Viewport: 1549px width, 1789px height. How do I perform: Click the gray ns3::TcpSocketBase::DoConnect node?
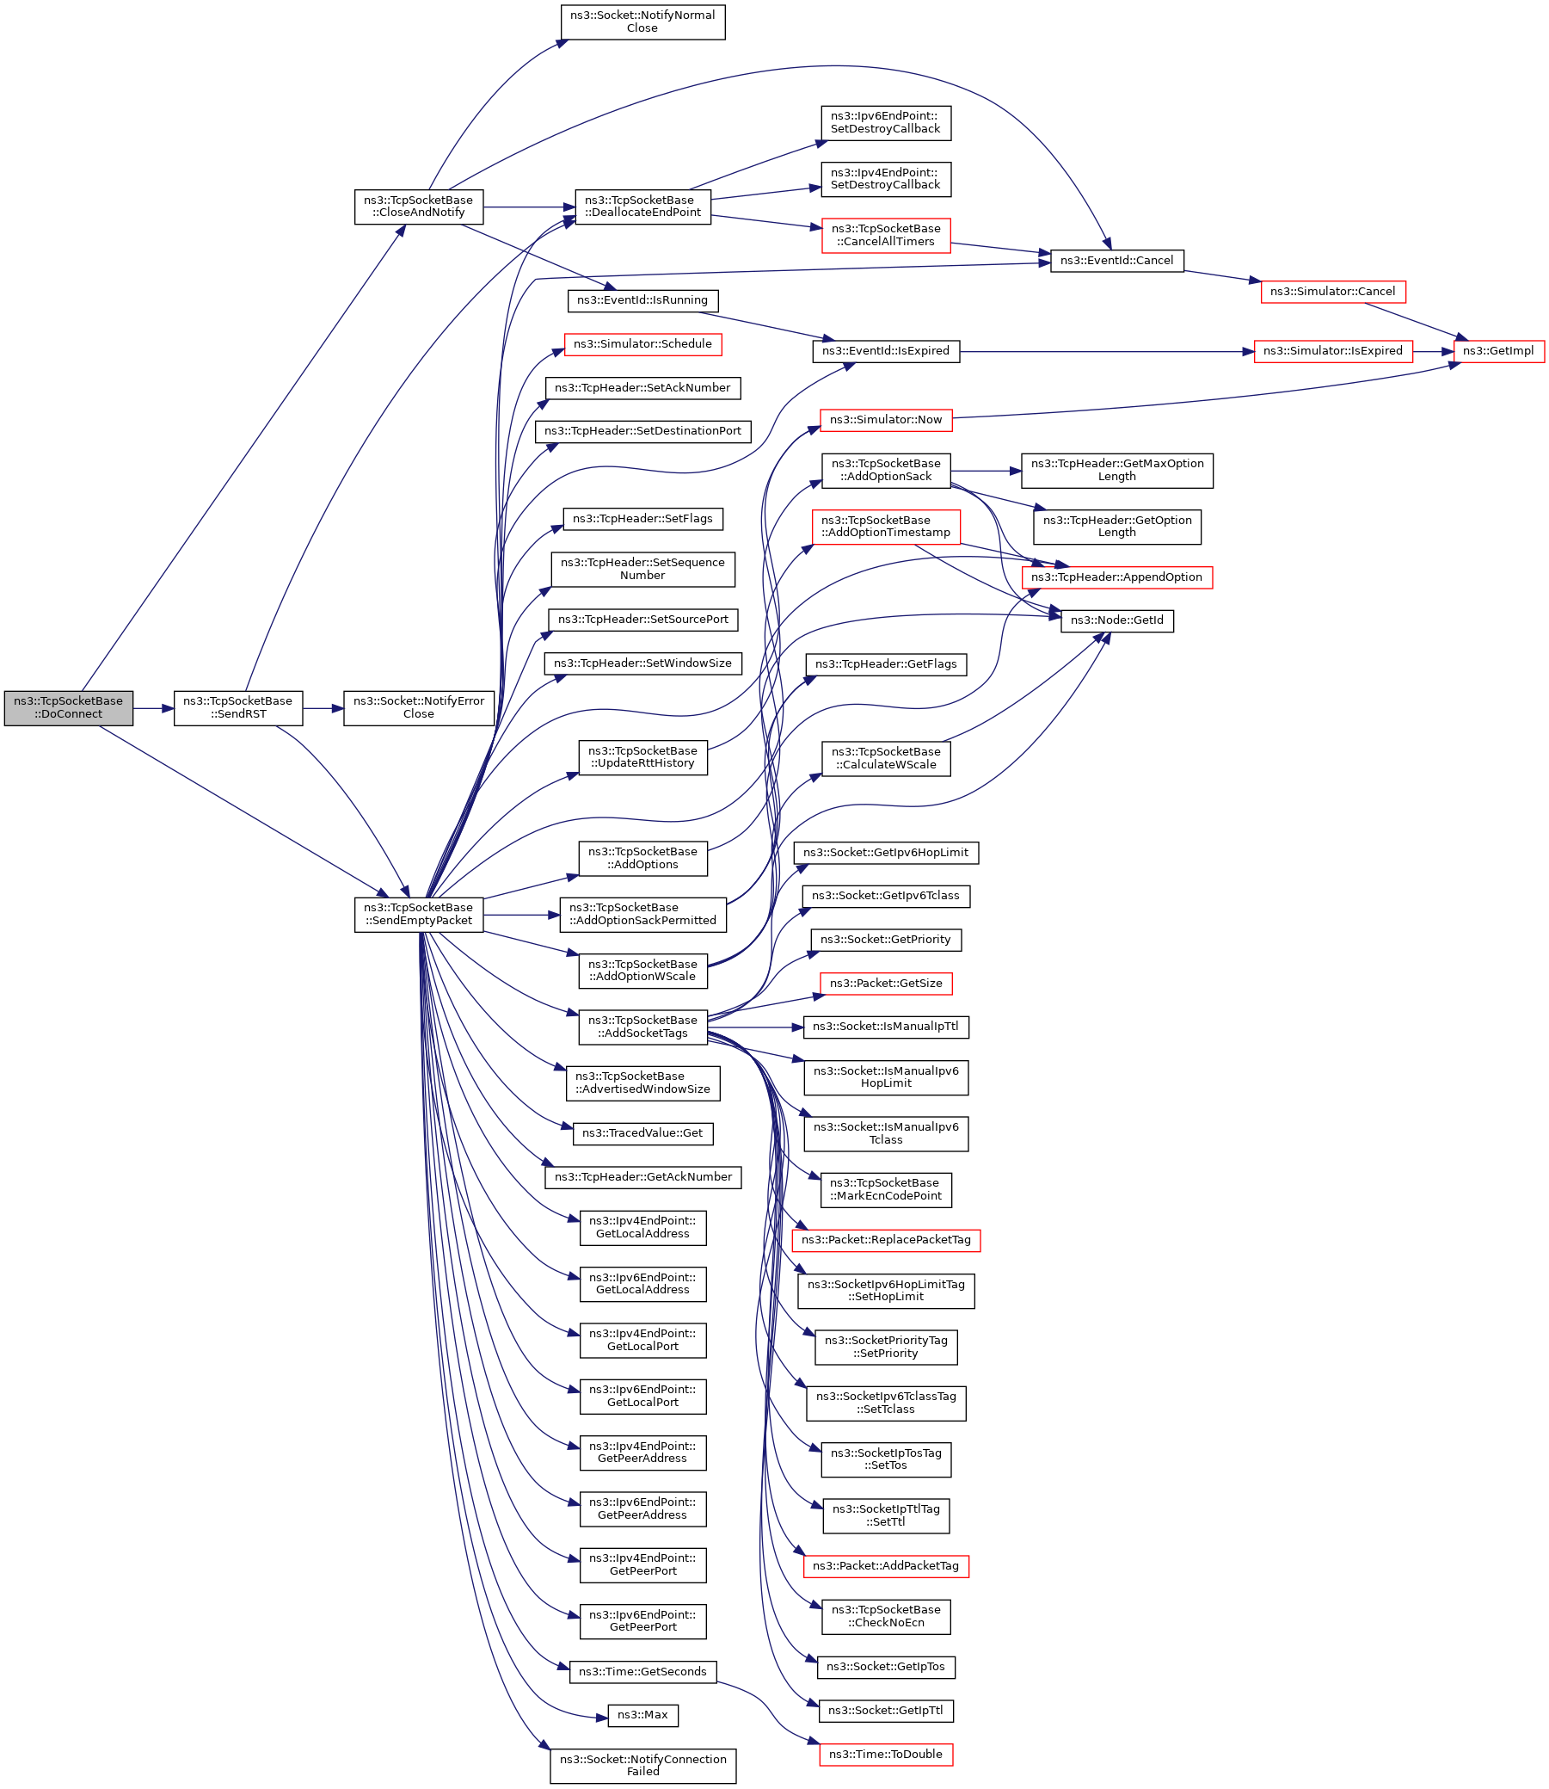pos(68,708)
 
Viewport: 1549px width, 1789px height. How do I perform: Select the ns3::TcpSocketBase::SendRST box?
pos(237,708)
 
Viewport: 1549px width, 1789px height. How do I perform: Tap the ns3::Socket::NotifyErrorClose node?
pos(418,708)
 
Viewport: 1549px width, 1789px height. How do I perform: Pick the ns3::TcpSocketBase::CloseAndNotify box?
pos(418,207)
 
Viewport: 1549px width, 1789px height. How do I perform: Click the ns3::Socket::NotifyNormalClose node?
pos(642,22)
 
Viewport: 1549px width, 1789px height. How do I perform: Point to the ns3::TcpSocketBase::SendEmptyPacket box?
pos(418,915)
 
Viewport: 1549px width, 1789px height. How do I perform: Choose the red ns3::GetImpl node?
pos(1498,351)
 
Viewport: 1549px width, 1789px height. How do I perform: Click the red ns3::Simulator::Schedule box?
pos(642,344)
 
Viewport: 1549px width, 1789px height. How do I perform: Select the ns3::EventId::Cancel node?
pos(1116,261)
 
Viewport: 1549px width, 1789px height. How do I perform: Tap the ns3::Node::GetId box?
pos(1116,620)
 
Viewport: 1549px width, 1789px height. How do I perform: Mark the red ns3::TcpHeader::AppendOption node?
pos(1116,577)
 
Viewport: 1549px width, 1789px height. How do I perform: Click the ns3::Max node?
pos(642,1716)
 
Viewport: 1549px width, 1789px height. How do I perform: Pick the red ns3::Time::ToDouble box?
pos(885,1755)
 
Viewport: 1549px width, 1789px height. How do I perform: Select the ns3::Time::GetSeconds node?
pos(642,1672)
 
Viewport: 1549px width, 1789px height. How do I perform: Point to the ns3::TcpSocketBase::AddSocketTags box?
pos(642,1027)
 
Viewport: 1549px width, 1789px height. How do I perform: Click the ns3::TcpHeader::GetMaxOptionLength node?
pos(1116,471)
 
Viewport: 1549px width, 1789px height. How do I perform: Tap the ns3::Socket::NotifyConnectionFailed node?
pos(642,1766)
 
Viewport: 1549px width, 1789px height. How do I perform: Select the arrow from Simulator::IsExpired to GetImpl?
pos(1433,352)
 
